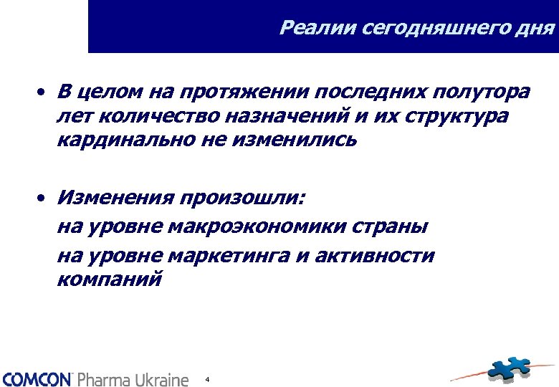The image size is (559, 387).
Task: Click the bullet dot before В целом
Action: point(43,93)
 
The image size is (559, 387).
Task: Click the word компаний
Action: point(110,279)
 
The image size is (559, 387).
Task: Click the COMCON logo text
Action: point(37,378)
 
